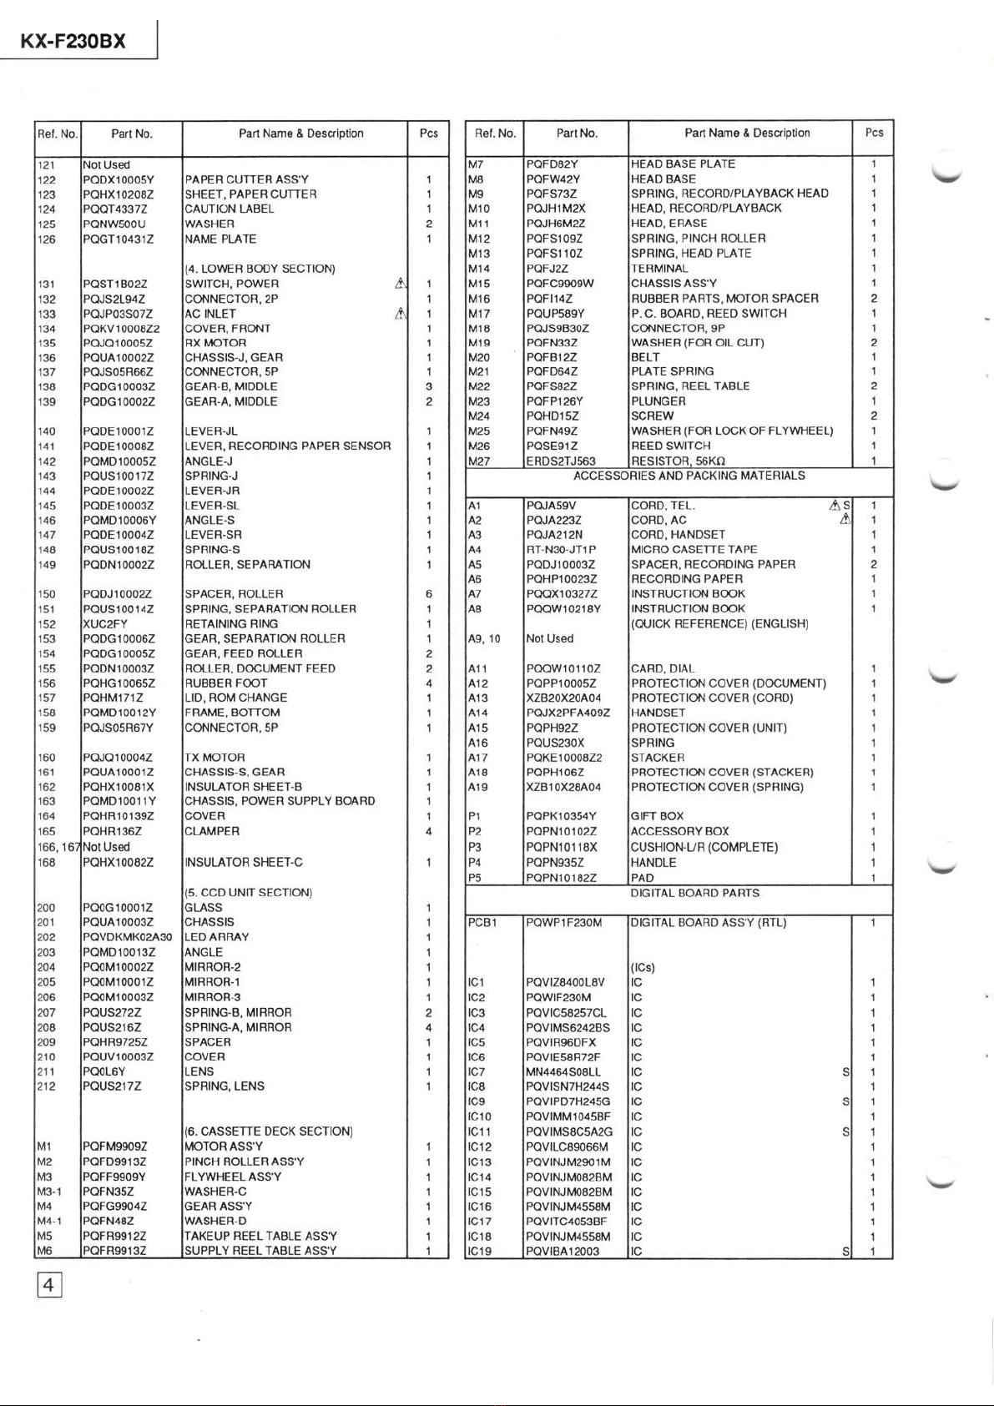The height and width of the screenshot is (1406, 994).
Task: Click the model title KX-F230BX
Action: click(73, 41)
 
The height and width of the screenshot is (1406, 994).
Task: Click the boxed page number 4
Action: click(48, 1284)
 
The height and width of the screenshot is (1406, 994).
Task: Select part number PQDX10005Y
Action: click(119, 179)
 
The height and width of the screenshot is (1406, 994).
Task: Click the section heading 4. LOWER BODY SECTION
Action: click(260, 269)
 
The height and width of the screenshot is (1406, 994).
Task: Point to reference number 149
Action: click(47, 565)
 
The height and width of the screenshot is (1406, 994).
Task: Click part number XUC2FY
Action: click(105, 623)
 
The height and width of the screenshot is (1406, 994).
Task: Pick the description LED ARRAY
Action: click(217, 937)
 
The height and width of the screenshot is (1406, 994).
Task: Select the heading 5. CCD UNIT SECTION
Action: click(248, 893)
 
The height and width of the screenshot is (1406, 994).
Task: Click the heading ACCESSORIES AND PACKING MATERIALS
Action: click(689, 476)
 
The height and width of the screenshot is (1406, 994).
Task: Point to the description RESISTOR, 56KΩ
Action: click(678, 461)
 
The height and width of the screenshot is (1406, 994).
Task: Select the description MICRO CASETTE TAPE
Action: click(694, 550)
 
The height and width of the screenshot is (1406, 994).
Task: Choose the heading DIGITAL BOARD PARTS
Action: click(694, 893)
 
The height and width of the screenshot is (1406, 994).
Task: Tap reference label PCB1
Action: click(482, 923)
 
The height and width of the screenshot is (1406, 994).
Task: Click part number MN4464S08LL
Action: click(563, 1072)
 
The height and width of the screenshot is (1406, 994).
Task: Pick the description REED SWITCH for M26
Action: click(671, 446)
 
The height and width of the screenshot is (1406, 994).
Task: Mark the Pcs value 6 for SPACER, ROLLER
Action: click(428, 594)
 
